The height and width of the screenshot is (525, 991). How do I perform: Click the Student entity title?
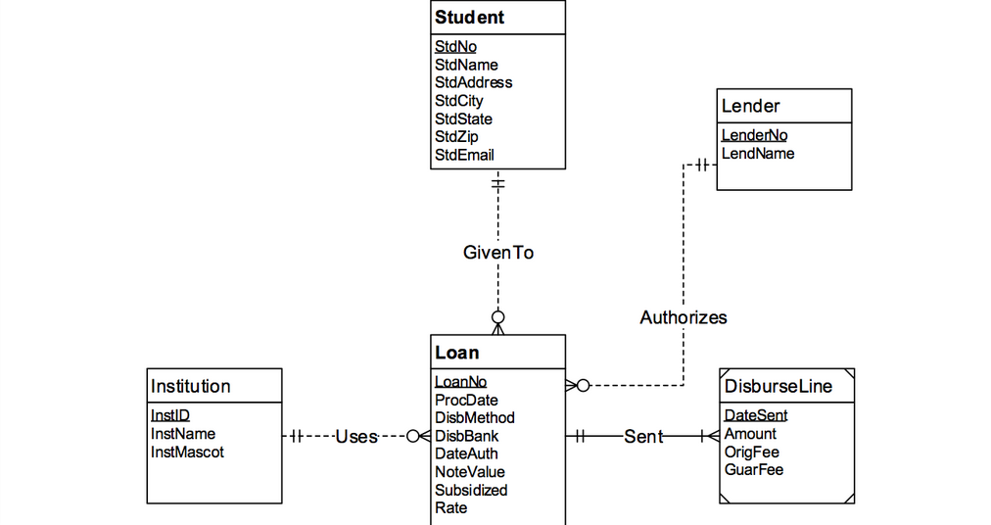(x=470, y=18)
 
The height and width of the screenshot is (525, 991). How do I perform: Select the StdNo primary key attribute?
(x=455, y=46)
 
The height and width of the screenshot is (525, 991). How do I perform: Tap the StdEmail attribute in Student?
(x=464, y=155)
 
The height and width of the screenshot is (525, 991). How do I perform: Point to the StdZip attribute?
(x=456, y=136)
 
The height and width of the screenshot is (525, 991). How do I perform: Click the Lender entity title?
(x=750, y=106)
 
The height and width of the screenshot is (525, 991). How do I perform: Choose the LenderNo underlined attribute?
(x=754, y=135)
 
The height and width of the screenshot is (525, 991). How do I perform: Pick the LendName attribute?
(x=758, y=154)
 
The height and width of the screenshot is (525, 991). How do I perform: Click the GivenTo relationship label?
(x=498, y=253)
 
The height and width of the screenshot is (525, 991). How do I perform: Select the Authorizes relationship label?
(x=684, y=317)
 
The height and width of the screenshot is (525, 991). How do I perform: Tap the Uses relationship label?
(x=356, y=437)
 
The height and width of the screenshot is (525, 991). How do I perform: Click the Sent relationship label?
(x=643, y=437)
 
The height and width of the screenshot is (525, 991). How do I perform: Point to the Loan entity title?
(x=457, y=353)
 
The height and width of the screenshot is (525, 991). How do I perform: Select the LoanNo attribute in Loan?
(x=460, y=382)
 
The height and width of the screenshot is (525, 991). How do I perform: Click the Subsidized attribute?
(x=471, y=490)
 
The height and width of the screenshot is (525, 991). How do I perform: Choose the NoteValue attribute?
(x=470, y=472)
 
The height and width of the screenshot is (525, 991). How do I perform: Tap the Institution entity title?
(x=190, y=386)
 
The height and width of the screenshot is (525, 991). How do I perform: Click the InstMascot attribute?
(x=187, y=452)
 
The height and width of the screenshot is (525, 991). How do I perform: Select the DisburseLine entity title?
(x=778, y=386)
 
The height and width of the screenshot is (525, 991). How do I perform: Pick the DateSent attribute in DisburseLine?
(x=756, y=415)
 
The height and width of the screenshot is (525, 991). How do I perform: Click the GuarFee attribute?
(x=753, y=469)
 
